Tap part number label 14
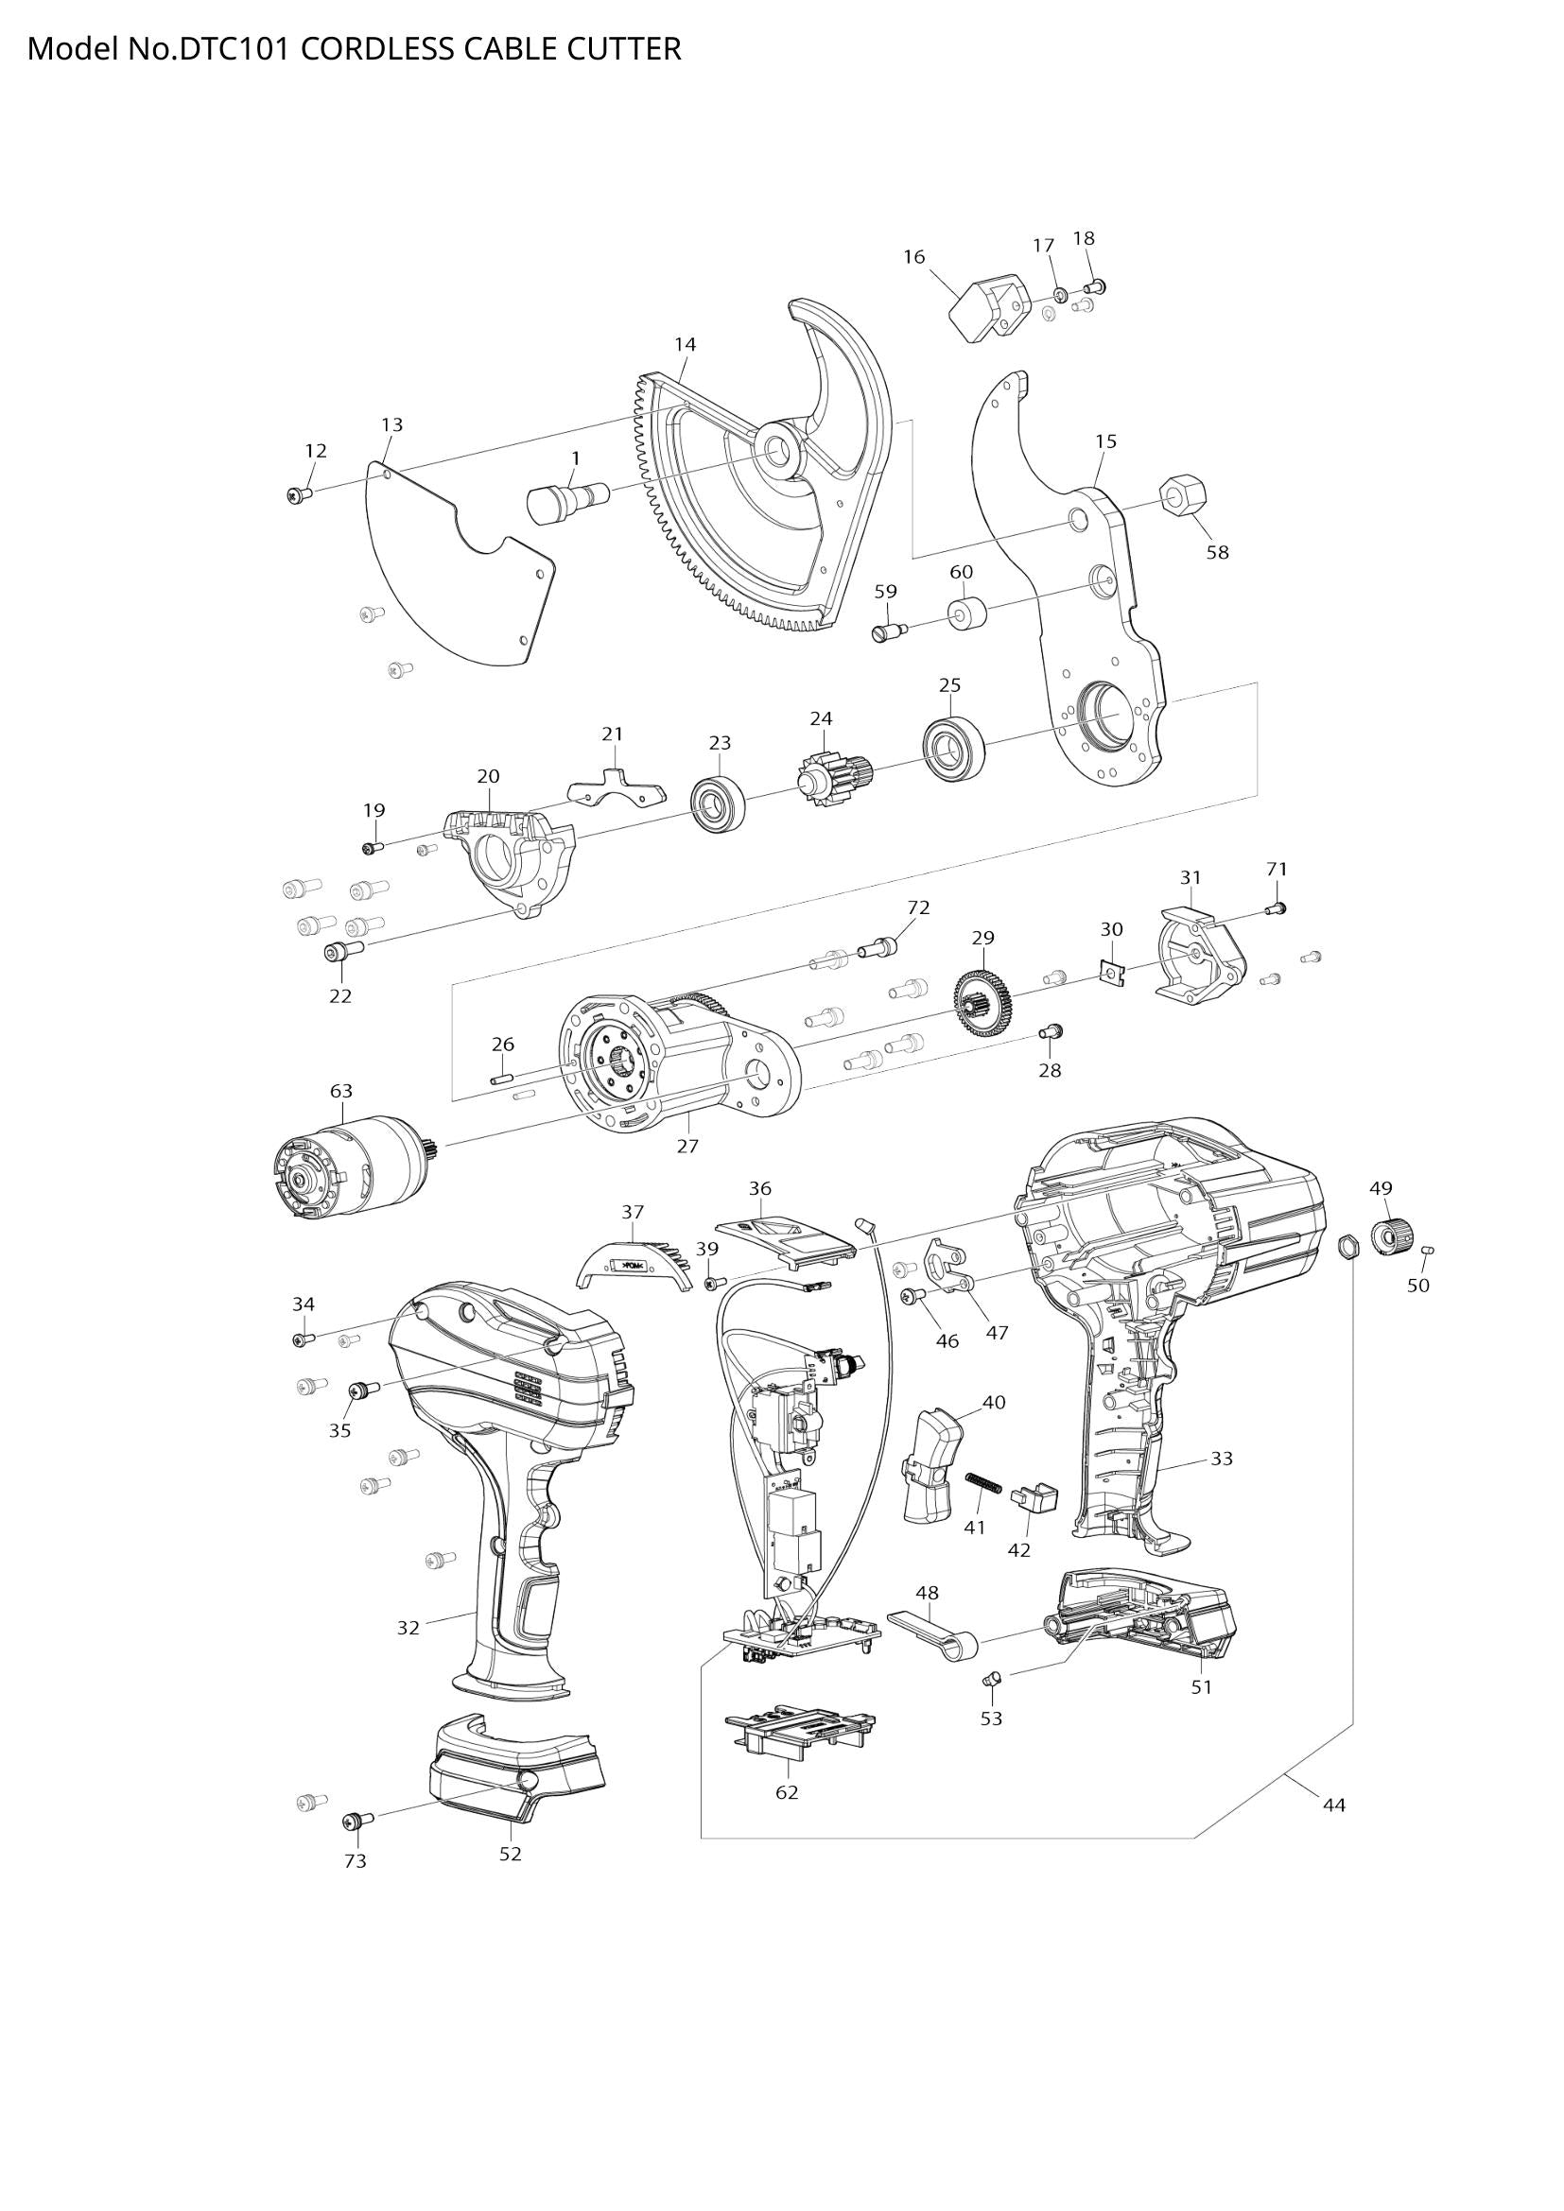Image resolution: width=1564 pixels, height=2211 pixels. pyautogui.click(x=685, y=344)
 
